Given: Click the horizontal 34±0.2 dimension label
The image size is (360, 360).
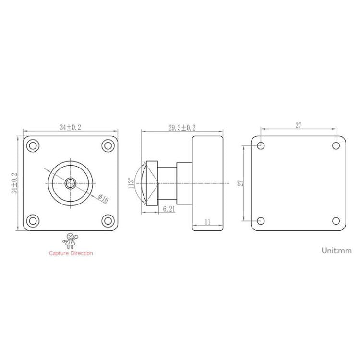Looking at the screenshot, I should [70, 127].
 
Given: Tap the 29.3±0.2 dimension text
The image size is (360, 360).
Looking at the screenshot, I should [182, 127].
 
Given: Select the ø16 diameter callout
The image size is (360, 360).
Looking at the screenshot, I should [103, 197].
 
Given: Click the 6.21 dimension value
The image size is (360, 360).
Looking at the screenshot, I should [168, 209].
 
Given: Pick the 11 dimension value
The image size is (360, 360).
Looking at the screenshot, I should [207, 222].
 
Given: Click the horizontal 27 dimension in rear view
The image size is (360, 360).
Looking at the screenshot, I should [298, 126].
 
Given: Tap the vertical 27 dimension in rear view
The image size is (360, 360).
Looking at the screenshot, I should [241, 183].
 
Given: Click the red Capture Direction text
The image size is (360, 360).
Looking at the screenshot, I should [71, 253].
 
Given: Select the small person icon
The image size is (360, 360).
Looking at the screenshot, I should [71, 240].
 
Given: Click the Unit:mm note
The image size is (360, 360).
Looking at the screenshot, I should [336, 250].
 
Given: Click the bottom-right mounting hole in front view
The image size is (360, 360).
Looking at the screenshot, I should [108, 221].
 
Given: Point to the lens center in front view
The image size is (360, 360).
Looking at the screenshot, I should [71, 183].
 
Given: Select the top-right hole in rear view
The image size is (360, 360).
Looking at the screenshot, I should [336, 145].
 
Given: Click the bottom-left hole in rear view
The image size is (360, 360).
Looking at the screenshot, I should [261, 221].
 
